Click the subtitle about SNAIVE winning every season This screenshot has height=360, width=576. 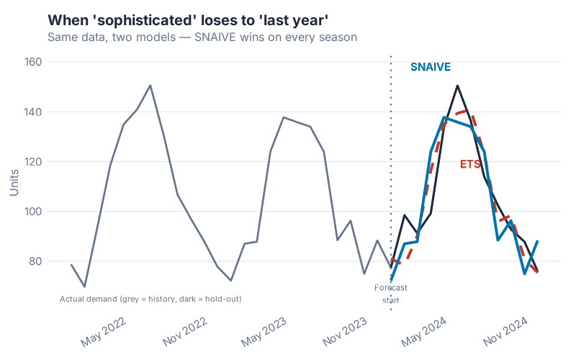[x=202, y=37]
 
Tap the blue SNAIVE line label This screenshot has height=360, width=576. [x=431, y=67]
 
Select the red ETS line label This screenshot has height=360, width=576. [x=470, y=164]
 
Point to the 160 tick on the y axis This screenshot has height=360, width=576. [x=32, y=62]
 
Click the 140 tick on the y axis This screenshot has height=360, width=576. [x=32, y=112]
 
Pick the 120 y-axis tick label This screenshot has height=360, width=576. [x=32, y=162]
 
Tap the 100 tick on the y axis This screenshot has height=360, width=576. [x=32, y=212]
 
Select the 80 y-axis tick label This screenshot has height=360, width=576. [x=35, y=261]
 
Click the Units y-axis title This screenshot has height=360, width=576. [x=14, y=181]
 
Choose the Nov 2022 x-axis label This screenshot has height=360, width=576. [x=184, y=331]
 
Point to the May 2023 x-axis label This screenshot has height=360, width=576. [x=264, y=331]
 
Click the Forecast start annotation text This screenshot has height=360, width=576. [x=391, y=294]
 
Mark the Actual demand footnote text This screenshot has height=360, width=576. [x=150, y=299]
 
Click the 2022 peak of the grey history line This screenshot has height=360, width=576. [x=150, y=86]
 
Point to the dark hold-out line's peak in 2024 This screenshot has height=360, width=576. [x=457, y=86]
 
